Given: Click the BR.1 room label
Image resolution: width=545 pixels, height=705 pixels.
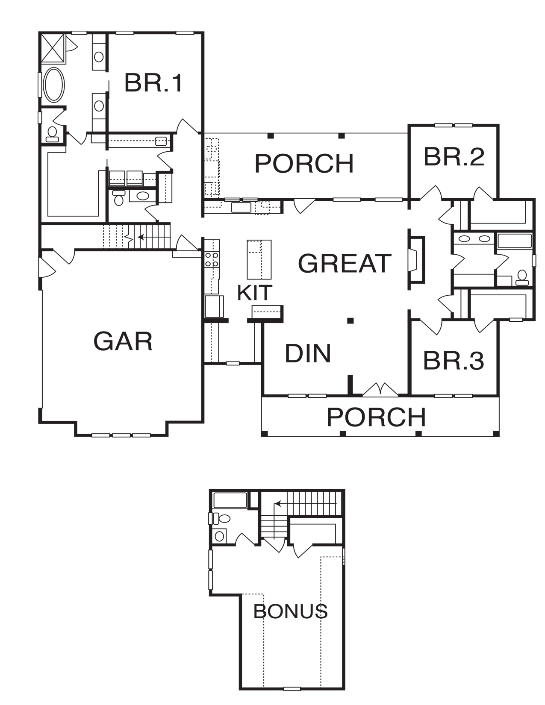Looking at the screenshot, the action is [x=153, y=83].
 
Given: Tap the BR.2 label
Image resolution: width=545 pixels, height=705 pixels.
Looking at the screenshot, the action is [x=454, y=157].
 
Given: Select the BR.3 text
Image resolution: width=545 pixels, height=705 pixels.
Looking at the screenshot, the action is [x=454, y=361].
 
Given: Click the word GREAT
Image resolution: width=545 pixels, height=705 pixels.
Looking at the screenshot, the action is [x=345, y=263].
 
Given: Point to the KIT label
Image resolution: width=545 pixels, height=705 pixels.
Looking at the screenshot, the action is [x=255, y=293].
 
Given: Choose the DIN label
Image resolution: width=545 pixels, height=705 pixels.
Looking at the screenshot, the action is [x=308, y=353].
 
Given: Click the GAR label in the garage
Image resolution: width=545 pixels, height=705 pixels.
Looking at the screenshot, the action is [x=123, y=341].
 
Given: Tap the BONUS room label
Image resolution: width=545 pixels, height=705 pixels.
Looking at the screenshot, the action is [x=290, y=611].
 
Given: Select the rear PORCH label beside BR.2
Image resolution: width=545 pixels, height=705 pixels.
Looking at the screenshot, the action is [x=304, y=164].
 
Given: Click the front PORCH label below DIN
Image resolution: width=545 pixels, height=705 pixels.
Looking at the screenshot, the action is [x=376, y=417].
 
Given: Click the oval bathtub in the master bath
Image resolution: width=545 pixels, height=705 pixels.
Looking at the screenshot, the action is [x=54, y=85].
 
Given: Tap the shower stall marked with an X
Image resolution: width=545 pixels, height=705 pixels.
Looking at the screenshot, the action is [x=53, y=48].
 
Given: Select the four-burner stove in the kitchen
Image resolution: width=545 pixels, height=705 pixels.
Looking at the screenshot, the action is [x=211, y=260].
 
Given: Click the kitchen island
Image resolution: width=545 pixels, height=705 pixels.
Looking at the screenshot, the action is [x=259, y=259].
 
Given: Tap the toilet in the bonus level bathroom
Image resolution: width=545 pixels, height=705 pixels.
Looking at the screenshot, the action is [x=222, y=518].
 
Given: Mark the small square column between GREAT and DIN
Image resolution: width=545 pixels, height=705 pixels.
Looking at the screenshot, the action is [x=350, y=321].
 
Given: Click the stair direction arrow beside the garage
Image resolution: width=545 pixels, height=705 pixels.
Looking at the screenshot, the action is [x=154, y=237].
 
